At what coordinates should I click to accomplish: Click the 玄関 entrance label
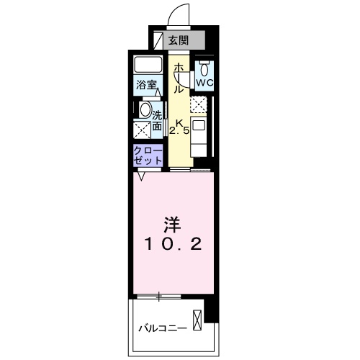(179, 40)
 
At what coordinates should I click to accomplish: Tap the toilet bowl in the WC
(204, 70)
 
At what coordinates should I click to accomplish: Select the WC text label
(204, 83)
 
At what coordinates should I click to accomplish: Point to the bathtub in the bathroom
(148, 64)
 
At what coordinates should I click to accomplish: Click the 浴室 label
(146, 85)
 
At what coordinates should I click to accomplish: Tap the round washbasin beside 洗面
(145, 110)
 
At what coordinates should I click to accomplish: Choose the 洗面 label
(157, 121)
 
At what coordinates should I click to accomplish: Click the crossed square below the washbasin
(142, 130)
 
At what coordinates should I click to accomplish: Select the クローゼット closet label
(148, 156)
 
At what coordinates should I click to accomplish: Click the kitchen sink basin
(199, 125)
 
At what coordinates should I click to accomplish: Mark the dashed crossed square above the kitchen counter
(198, 104)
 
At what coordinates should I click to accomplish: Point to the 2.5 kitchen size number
(179, 131)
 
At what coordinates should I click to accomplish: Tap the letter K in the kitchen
(179, 123)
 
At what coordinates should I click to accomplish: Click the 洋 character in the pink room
(172, 225)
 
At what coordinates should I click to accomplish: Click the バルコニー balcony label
(163, 328)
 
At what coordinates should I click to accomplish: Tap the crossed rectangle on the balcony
(197, 320)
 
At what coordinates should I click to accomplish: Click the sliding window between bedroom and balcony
(159, 297)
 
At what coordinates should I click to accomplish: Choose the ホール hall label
(179, 78)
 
